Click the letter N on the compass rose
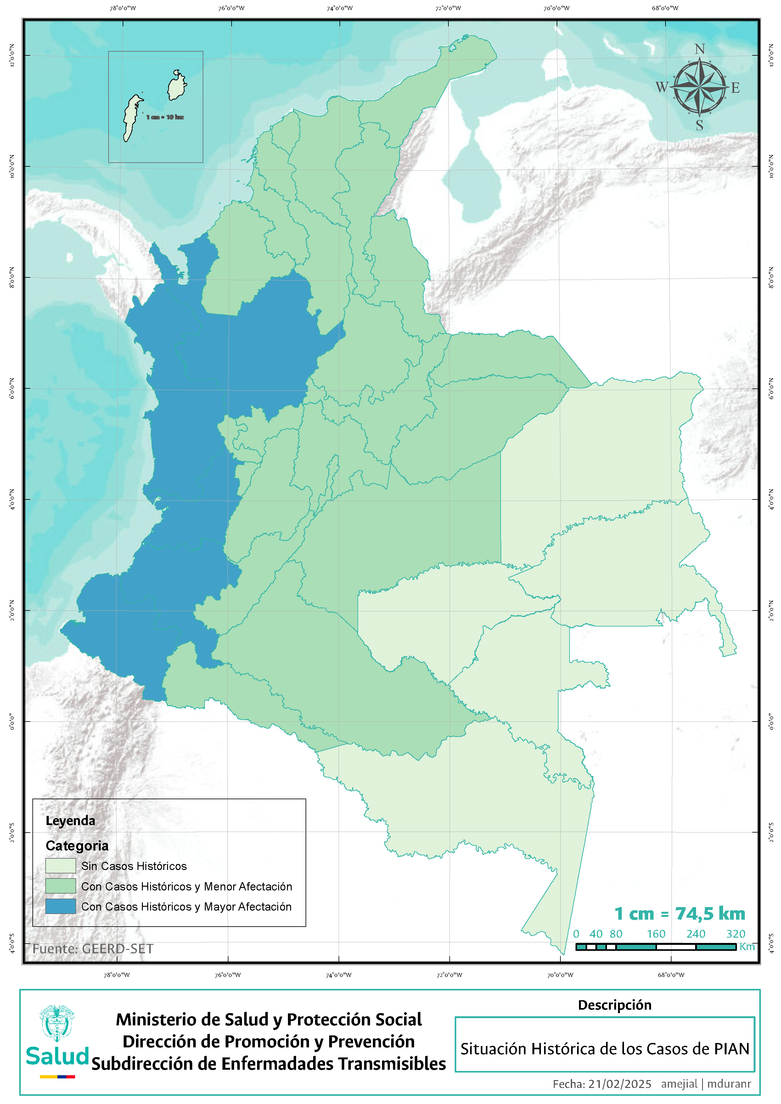(700, 49)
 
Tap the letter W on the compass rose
(662, 87)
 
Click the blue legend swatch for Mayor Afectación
(61, 906)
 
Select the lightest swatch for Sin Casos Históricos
(61, 866)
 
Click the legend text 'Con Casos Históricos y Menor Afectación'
(187, 886)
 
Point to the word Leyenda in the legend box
(70, 821)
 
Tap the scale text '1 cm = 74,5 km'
(680, 914)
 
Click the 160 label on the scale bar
(656, 934)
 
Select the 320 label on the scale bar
(735, 934)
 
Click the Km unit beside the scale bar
(747, 946)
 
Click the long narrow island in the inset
(131, 118)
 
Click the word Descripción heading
(614, 1005)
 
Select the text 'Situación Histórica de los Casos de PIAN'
(604, 1049)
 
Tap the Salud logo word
(57, 1057)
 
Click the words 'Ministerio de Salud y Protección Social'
(268, 1019)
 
